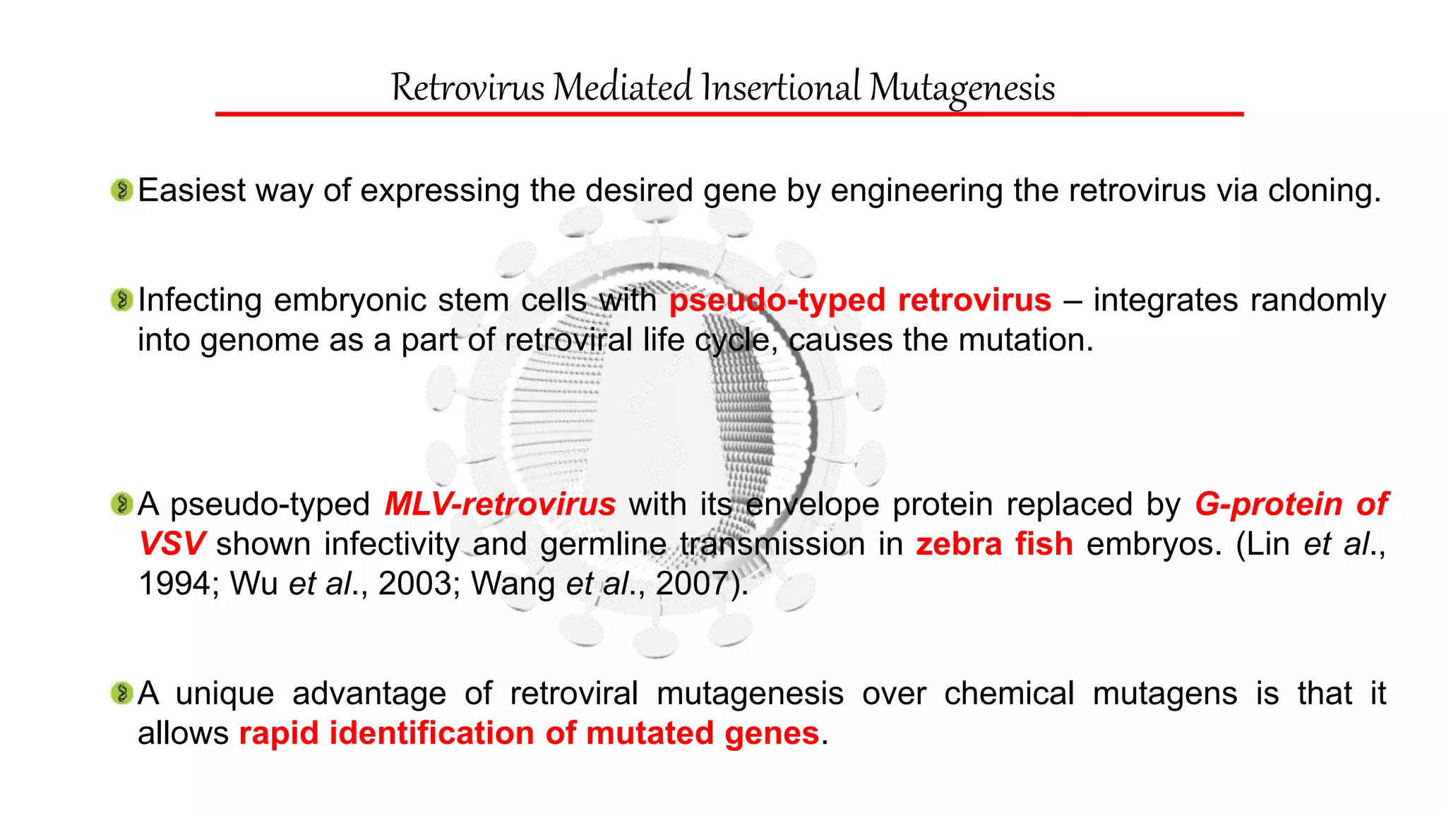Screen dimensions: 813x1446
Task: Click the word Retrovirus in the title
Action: click(467, 88)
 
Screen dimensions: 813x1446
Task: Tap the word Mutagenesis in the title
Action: click(962, 88)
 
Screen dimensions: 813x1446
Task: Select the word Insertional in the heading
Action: click(780, 88)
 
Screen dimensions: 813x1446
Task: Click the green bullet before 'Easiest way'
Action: click(122, 190)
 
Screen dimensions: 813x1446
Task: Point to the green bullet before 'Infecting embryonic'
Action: click(122, 300)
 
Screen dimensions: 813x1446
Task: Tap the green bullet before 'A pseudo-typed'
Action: click(122, 504)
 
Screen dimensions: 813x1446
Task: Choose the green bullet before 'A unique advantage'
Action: click(122, 693)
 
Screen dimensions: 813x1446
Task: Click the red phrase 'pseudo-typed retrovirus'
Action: click(860, 300)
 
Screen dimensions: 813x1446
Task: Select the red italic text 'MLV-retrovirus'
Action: click(500, 504)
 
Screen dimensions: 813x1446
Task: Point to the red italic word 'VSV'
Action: click(172, 543)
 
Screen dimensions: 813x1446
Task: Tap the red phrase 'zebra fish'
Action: click(994, 543)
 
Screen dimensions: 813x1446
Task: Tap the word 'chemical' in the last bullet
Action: click(1009, 693)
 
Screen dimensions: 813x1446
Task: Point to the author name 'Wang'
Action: click(513, 584)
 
